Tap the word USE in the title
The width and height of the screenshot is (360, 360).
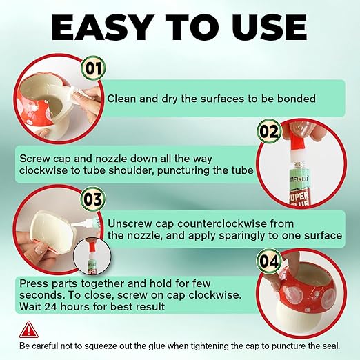click(x=264, y=28)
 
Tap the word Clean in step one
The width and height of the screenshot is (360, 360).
click(x=123, y=99)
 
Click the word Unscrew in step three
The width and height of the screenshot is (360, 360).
click(x=130, y=223)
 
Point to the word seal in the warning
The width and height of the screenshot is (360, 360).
click(x=340, y=344)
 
